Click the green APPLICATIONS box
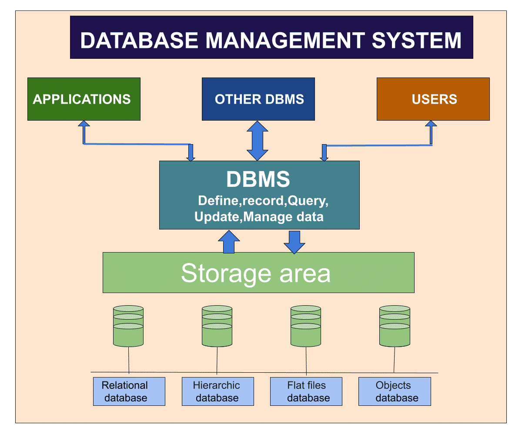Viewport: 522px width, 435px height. (84, 99)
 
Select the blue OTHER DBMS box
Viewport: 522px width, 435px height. (258, 99)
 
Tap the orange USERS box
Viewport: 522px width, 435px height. (433, 99)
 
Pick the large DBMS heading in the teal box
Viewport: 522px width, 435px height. (258, 179)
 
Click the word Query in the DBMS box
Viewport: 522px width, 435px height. (306, 201)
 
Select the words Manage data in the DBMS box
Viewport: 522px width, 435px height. (284, 216)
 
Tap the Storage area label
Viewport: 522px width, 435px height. (256, 273)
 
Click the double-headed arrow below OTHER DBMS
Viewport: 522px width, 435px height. (258, 141)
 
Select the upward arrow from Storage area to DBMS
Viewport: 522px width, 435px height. (228, 242)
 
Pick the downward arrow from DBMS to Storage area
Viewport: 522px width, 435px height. (294, 242)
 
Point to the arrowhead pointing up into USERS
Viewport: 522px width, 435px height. (431, 125)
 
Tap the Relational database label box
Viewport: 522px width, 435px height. (129, 391)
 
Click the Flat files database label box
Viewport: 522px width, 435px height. (306, 391)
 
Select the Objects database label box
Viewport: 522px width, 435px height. (395, 391)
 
